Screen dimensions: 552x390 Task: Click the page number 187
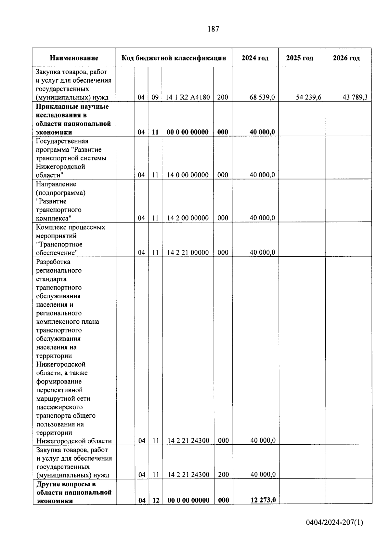(x=213, y=29)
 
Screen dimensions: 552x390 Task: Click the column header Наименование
(x=74, y=58)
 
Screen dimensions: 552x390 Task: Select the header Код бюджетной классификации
(x=174, y=58)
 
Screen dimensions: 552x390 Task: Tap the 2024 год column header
(x=255, y=58)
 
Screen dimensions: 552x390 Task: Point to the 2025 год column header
(x=300, y=58)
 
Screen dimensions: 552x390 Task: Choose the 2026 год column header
(x=346, y=58)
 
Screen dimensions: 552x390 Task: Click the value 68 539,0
(x=262, y=97)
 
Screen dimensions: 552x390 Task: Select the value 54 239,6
(x=308, y=97)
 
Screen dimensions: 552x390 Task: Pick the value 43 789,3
(x=355, y=97)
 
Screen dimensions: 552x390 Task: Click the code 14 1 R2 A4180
(x=188, y=97)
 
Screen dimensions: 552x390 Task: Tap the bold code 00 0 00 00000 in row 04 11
(x=188, y=132)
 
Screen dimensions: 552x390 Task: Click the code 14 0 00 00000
(x=188, y=175)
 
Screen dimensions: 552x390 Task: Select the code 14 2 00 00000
(x=188, y=218)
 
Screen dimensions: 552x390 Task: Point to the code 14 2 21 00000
(x=188, y=252)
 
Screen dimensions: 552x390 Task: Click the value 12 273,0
(x=263, y=500)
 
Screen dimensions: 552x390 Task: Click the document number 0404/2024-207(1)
(x=334, y=523)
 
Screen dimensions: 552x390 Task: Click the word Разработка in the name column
(x=53, y=262)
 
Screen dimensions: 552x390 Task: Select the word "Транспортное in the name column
(x=59, y=244)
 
